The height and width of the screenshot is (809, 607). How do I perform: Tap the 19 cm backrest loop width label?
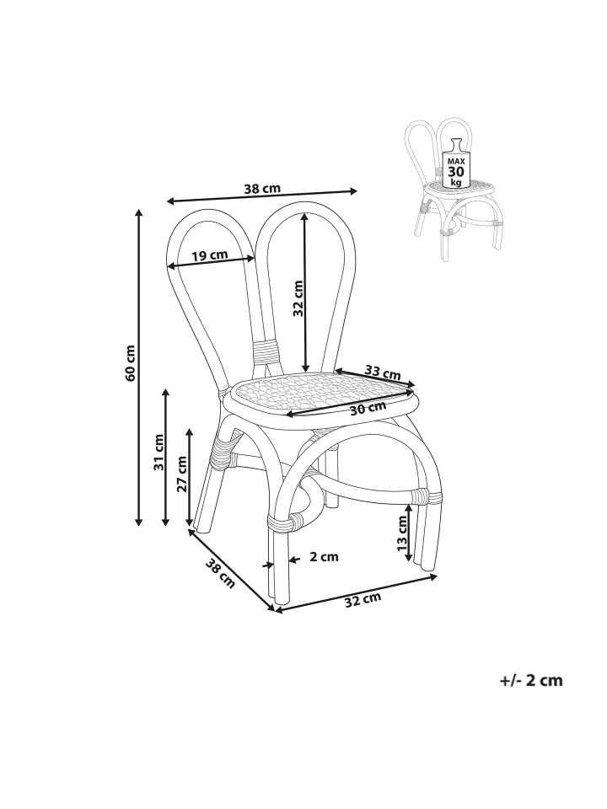point(210,254)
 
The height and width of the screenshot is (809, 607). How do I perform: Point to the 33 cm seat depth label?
point(383,371)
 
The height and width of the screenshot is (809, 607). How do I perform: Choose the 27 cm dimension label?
point(182,474)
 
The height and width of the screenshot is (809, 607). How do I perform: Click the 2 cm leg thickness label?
point(324,557)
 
